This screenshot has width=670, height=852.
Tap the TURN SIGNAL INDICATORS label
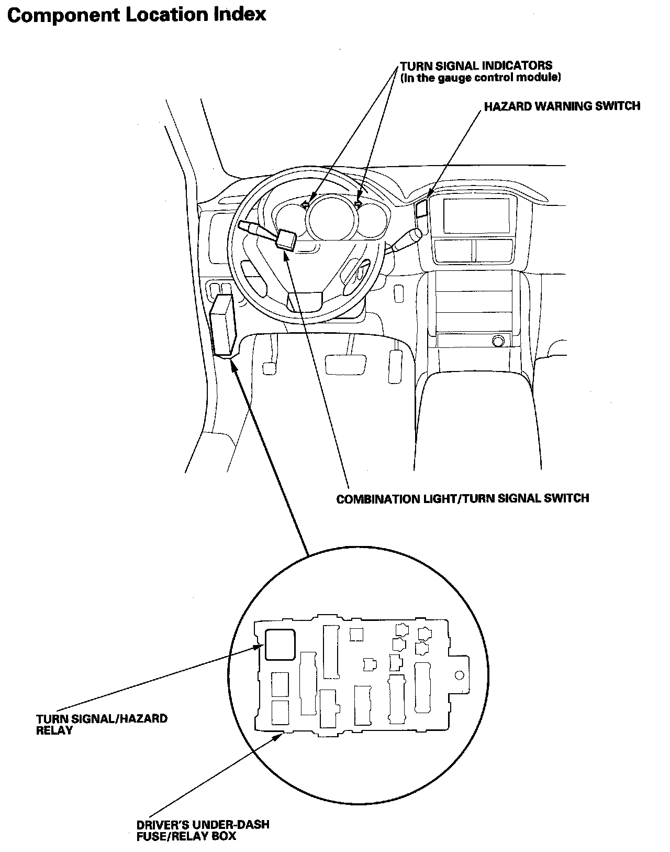(476, 66)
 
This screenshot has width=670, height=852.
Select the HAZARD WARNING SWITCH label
(562, 106)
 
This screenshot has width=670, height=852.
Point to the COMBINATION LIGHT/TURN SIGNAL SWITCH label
(462, 498)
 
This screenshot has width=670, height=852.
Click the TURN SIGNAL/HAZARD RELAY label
(102, 724)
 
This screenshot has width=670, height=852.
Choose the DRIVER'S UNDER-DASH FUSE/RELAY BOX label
(203, 830)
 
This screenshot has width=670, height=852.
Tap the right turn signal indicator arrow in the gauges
(359, 204)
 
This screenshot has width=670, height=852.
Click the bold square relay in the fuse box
(280, 645)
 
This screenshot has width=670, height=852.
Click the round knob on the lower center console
(499, 342)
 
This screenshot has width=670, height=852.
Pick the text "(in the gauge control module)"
(481, 78)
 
